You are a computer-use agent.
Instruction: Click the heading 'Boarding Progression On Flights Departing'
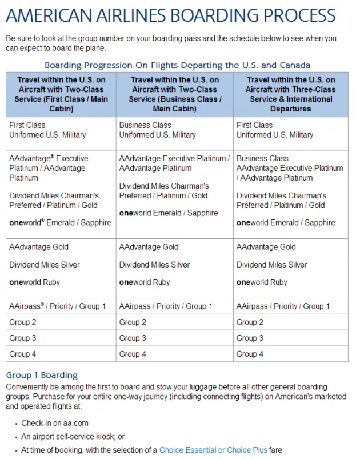(177, 65)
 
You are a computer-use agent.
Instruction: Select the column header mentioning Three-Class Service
(290, 94)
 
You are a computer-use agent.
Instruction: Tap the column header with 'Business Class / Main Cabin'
(174, 94)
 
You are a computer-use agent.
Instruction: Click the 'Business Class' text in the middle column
(145, 125)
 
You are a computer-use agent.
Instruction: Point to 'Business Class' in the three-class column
(262, 158)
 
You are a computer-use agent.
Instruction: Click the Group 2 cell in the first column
(23, 322)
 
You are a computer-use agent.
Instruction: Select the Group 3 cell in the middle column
(133, 338)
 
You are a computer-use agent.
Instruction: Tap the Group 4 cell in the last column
(250, 354)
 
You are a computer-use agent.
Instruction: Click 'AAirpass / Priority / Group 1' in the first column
(57, 306)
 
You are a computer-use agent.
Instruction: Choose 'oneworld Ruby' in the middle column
(146, 282)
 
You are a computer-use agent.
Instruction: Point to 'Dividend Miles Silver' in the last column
(271, 265)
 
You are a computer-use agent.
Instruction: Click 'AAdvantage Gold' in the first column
(39, 247)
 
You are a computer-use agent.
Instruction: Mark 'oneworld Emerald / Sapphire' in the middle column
(169, 213)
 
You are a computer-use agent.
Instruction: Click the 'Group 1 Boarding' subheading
(42, 376)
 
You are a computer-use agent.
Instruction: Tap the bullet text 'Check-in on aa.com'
(55, 424)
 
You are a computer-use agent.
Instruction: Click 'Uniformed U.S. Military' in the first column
(47, 135)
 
